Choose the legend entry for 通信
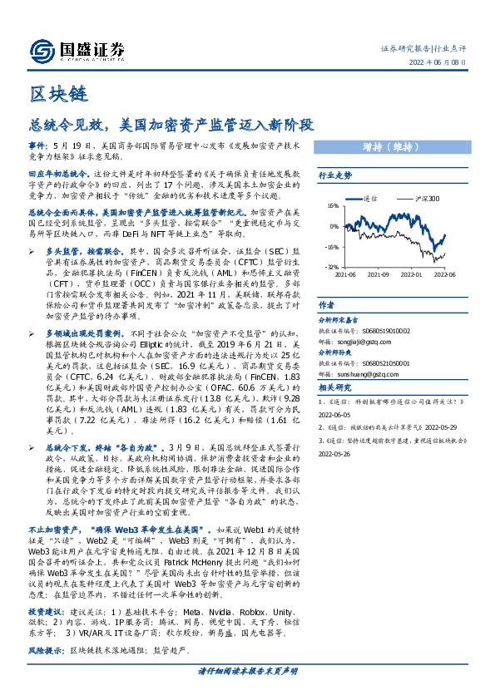pos(371,200)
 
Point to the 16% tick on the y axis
pos(332,207)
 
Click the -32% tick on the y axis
pos(331,267)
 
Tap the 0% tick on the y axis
pos(334,227)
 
